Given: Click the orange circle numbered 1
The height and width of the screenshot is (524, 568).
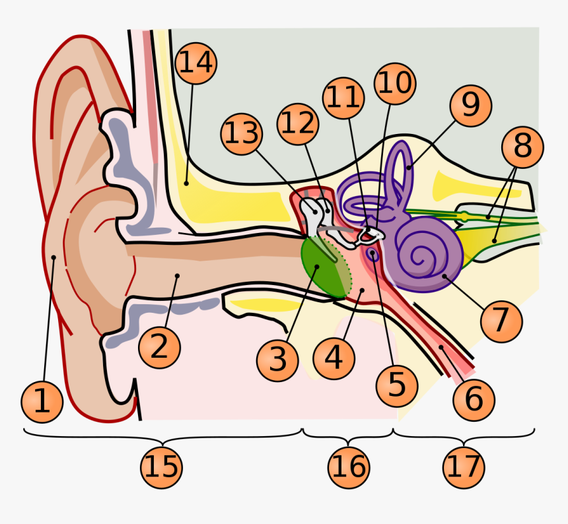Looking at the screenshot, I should [x=42, y=401].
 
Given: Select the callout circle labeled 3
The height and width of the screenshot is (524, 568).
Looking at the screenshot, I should [x=278, y=360].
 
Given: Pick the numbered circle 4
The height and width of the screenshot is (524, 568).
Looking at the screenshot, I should [x=334, y=358].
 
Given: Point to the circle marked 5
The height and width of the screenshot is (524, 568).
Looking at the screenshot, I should [x=396, y=384].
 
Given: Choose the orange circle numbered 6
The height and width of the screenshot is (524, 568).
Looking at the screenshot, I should [x=474, y=399].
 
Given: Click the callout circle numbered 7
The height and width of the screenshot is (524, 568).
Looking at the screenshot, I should [x=501, y=321].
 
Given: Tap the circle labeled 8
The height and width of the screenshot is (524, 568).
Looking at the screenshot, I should [x=522, y=147].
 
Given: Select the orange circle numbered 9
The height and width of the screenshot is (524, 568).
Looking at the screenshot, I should [x=470, y=106].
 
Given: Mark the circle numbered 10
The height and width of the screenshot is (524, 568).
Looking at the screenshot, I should [x=394, y=84].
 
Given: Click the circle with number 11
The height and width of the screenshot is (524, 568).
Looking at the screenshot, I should [x=343, y=98].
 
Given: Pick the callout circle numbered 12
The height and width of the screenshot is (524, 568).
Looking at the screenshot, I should [x=299, y=123].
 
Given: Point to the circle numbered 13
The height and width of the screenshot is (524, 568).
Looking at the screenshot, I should [x=242, y=134].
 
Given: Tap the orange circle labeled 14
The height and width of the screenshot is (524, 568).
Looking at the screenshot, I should [x=195, y=63].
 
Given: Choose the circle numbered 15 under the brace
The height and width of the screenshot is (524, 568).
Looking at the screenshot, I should [x=161, y=467].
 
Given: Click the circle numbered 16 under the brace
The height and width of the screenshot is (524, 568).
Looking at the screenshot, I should [x=349, y=467].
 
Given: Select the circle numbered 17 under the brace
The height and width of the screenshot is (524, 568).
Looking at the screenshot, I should [x=464, y=467].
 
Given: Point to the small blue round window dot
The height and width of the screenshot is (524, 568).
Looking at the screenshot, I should [x=374, y=253].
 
